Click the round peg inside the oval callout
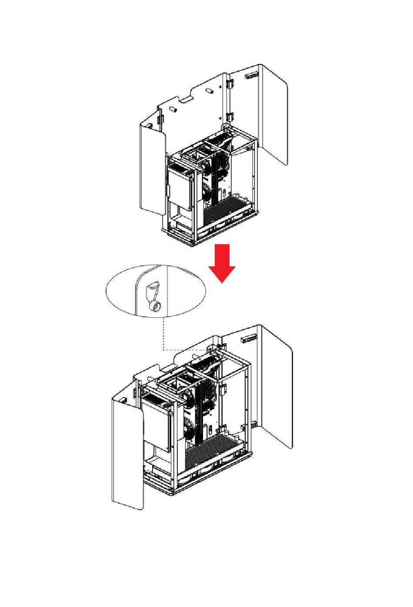pyautogui.click(x=155, y=308)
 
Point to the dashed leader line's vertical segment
pyautogui.click(x=163, y=333)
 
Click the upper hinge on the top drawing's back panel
pyautogui.click(x=230, y=83)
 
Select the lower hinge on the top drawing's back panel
pyautogui.click(x=230, y=116)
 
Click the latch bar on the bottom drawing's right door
pyautogui.click(x=248, y=338)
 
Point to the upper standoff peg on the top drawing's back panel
pyautogui.click(x=209, y=92)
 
